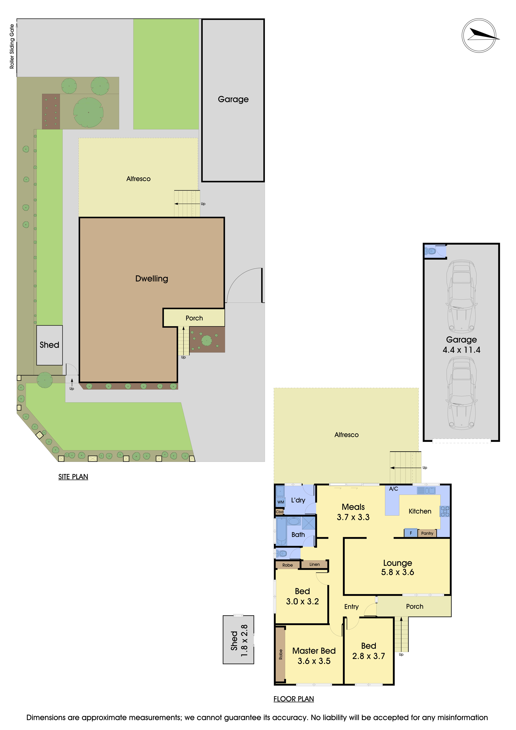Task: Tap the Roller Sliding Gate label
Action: tap(12, 46)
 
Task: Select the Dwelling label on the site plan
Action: tap(152, 279)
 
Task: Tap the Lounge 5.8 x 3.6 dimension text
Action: tap(398, 572)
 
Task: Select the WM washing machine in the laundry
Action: tap(281, 502)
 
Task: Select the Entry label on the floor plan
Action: tap(351, 607)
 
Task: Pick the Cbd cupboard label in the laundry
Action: tap(280, 512)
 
